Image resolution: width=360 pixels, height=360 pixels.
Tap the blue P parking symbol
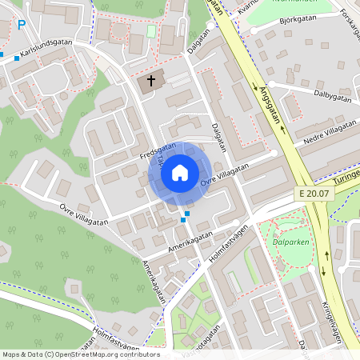coord(22,24)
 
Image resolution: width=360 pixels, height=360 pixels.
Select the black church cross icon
coord(149,82)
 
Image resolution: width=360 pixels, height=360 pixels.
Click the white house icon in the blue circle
coord(180,172)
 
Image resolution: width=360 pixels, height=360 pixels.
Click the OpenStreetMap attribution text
coord(81,354)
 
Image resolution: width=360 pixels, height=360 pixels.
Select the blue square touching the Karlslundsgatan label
coord(16,58)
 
